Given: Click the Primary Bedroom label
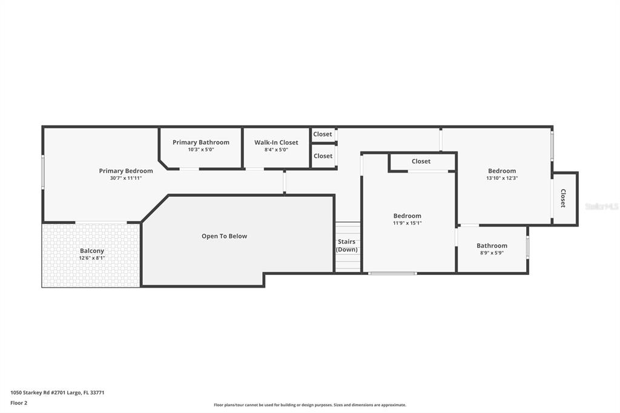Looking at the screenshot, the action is click(126, 171).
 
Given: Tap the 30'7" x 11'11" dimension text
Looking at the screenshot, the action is click(126, 178).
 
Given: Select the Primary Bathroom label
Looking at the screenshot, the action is click(201, 142).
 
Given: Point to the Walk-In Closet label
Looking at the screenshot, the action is click(276, 142).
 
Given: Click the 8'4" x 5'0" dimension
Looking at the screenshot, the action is click(276, 150).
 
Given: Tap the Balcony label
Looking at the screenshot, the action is click(92, 251).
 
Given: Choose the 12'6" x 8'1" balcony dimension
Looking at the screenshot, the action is click(92, 258).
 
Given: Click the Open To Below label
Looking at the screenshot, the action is click(224, 236).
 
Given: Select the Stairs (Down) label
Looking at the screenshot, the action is click(346, 246).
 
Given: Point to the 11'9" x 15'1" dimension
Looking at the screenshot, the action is click(407, 223).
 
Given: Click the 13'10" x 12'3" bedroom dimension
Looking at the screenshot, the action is click(502, 178).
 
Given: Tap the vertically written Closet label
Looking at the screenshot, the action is click(563, 198).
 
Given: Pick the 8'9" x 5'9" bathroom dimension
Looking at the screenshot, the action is click(492, 253).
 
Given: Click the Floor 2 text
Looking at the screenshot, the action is click(19, 403).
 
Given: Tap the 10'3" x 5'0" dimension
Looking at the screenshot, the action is click(201, 150).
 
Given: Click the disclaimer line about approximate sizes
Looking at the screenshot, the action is click(310, 405).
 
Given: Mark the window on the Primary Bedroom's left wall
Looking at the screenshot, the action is click(43, 172).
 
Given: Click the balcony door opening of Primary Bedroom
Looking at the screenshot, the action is click(101, 222).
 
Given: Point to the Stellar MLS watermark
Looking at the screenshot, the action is click(601, 206).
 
